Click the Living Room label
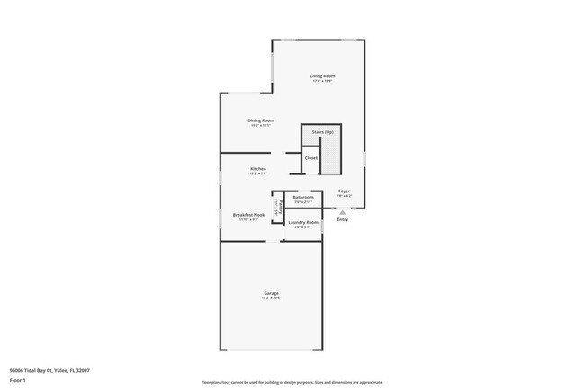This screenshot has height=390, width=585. pos(322,76)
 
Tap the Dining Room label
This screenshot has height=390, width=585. pos(261,120)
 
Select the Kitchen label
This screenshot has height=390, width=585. pos(258,169)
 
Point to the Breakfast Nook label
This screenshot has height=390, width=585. pos(248,215)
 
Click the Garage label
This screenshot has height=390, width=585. pos(271,294)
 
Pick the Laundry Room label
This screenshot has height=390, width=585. pos(303,222)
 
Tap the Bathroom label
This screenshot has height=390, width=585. pos(303,197)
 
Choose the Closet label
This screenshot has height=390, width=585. pos(311,158)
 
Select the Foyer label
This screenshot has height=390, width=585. pos(344,191)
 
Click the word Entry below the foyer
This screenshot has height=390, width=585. pos(343,220)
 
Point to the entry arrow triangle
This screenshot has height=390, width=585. pos(343,212)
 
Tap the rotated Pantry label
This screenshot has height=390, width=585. pos(281,206)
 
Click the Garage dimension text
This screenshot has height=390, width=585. pos(271,299)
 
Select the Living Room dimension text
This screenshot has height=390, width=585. pos(322,82)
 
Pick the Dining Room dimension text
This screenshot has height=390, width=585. pos(261,126)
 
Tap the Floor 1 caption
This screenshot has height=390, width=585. pos(17,380)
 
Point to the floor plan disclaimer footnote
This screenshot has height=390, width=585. pos(292,382)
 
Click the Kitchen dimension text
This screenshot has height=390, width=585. pos(258,174)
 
